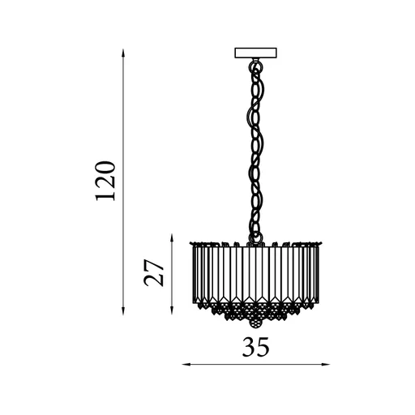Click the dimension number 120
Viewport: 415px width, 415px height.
(105, 181)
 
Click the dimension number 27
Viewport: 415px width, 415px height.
(154, 272)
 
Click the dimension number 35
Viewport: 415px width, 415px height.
(255, 347)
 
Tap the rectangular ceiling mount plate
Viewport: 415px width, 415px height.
(255, 53)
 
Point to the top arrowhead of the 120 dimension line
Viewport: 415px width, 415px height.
(123, 53)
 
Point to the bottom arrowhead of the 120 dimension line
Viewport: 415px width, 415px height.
(123, 311)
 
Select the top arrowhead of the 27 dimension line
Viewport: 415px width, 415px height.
(172, 237)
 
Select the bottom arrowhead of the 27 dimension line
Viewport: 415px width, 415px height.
(172, 310)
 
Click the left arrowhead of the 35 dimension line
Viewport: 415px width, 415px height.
(186, 365)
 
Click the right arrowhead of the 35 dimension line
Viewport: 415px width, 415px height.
(326, 365)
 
